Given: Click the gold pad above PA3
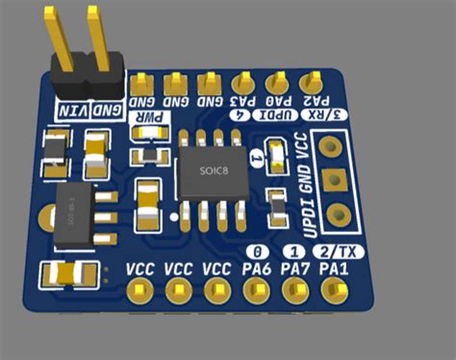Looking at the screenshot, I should click(x=241, y=83).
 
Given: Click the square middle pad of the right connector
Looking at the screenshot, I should click(x=336, y=179).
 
